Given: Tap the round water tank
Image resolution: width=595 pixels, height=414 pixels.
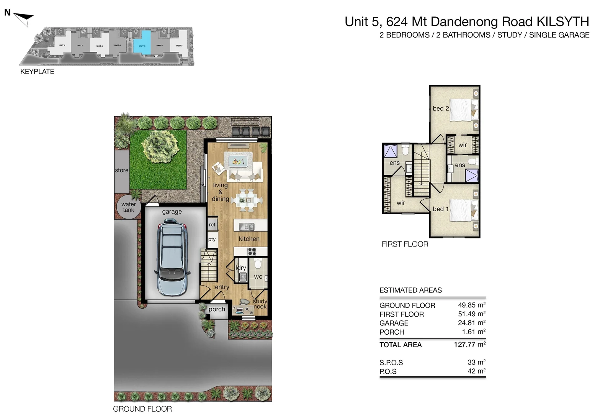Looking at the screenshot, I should click(x=129, y=207).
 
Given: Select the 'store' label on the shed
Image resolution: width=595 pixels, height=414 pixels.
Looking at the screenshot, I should click(x=122, y=170).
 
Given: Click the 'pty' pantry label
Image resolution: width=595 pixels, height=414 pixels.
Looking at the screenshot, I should click(x=212, y=240).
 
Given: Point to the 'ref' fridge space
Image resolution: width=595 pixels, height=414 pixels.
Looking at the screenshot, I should click(x=212, y=225).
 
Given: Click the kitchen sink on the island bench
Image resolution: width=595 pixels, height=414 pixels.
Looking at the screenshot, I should click(x=247, y=227).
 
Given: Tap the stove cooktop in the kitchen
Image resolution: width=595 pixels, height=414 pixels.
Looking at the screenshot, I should click(x=251, y=251).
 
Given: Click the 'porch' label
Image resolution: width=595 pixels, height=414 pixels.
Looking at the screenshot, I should click(x=217, y=309).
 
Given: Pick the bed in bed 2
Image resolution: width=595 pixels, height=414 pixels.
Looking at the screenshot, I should click(x=463, y=109).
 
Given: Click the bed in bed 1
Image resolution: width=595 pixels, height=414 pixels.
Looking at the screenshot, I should click(x=463, y=210).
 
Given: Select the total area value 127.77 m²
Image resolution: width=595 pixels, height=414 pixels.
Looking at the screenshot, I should click(x=469, y=344).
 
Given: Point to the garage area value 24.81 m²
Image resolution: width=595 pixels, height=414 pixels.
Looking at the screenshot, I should click(x=471, y=323).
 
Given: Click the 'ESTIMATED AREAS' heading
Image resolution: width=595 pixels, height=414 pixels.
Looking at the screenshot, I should click(x=410, y=290).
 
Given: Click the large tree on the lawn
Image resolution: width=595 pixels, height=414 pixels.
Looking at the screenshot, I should click(x=160, y=146).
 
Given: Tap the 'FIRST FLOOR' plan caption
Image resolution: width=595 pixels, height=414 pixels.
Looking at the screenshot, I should click(x=405, y=244).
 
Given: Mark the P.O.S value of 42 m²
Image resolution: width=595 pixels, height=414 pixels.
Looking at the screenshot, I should click(x=476, y=371).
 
